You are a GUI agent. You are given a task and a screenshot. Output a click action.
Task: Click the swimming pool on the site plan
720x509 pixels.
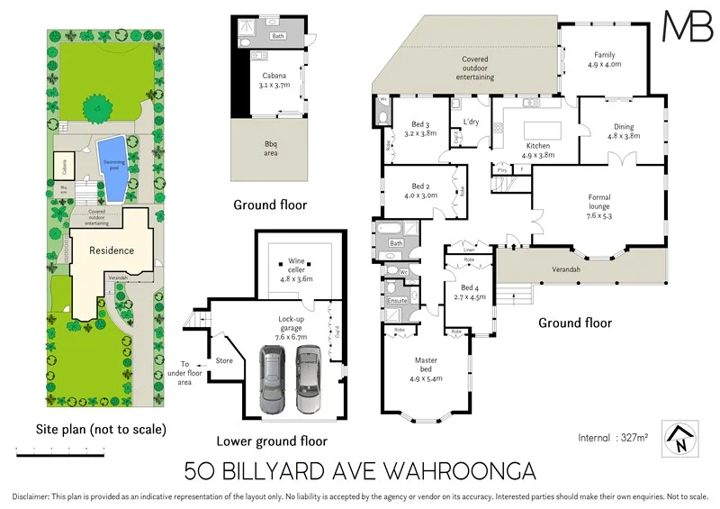112,168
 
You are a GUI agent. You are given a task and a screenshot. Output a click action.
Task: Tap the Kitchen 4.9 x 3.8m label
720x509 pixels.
537,150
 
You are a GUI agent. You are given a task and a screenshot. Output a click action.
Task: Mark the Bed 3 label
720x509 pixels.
423,127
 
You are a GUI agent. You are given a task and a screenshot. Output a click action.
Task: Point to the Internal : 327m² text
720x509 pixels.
613,438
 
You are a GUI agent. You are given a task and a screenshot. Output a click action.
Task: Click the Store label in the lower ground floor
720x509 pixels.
224,361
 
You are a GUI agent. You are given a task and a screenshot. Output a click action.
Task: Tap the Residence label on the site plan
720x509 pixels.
111,250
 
